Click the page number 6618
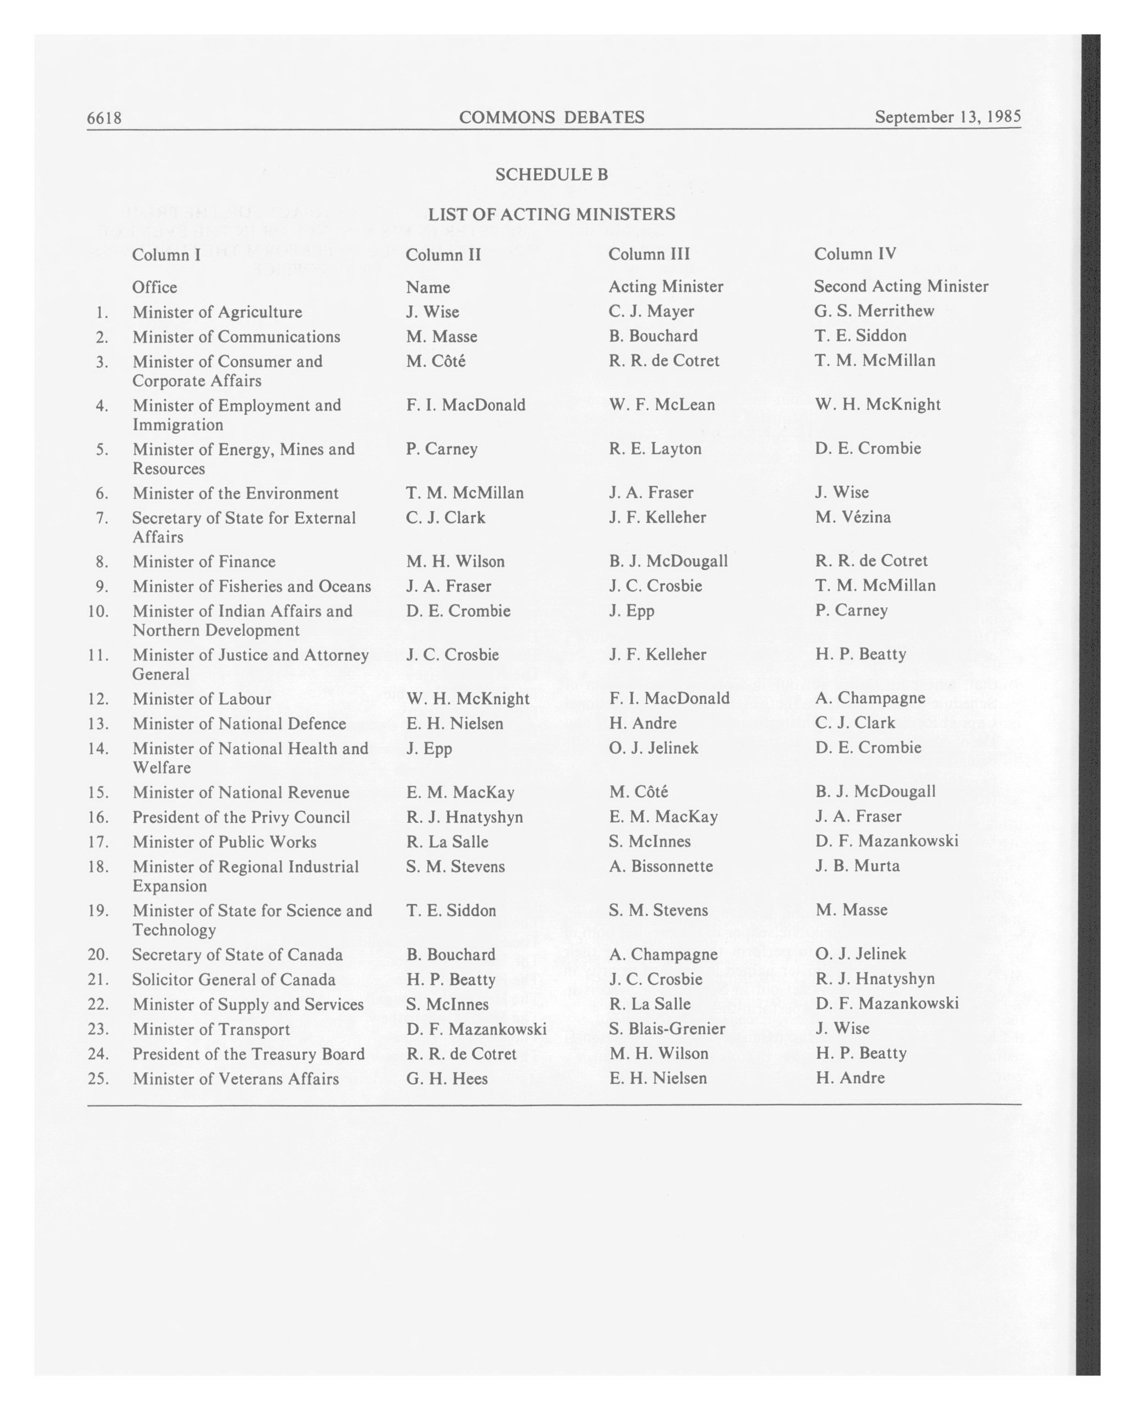pyautogui.click(x=104, y=118)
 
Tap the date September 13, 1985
pyautogui.click(x=947, y=116)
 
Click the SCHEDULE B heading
pyautogui.click(x=552, y=175)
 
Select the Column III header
pyautogui.click(x=648, y=254)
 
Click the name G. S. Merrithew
pyautogui.click(x=874, y=311)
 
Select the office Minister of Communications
pyautogui.click(x=236, y=337)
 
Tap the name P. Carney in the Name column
pyautogui.click(x=442, y=449)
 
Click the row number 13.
pyautogui.click(x=98, y=724)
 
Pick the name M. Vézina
pyautogui.click(x=853, y=518)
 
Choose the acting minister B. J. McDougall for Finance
pyautogui.click(x=668, y=561)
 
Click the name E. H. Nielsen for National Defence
pyautogui.click(x=454, y=723)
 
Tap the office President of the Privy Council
pyautogui.click(x=241, y=817)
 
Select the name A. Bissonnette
pyautogui.click(x=661, y=866)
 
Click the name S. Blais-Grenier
pyautogui.click(x=667, y=1029)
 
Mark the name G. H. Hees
pyautogui.click(x=447, y=1079)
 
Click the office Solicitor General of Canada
pyautogui.click(x=233, y=980)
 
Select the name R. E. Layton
pyautogui.click(x=655, y=449)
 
